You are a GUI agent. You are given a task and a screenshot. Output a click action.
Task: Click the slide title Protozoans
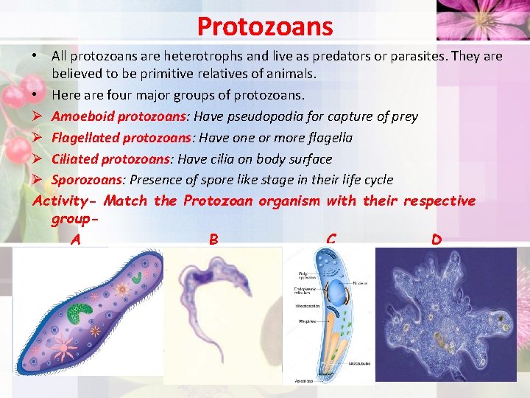pyautogui.click(x=265, y=27)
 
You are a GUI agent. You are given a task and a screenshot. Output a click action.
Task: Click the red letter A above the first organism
pyautogui.click(x=75, y=240)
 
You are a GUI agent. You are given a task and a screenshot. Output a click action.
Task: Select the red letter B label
pyautogui.click(x=213, y=240)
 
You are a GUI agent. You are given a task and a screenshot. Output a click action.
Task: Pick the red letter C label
pyautogui.click(x=331, y=240)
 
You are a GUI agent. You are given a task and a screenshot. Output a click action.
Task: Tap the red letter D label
pyautogui.click(x=437, y=240)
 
